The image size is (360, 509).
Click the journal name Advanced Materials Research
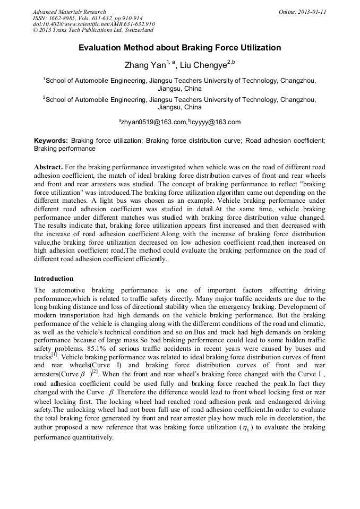pos(69,12)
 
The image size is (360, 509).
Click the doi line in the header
pos(93,24)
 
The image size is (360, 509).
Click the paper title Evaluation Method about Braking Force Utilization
pos(179,48)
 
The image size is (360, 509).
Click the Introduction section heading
pos(54,279)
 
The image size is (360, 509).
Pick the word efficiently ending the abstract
pos(149,259)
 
